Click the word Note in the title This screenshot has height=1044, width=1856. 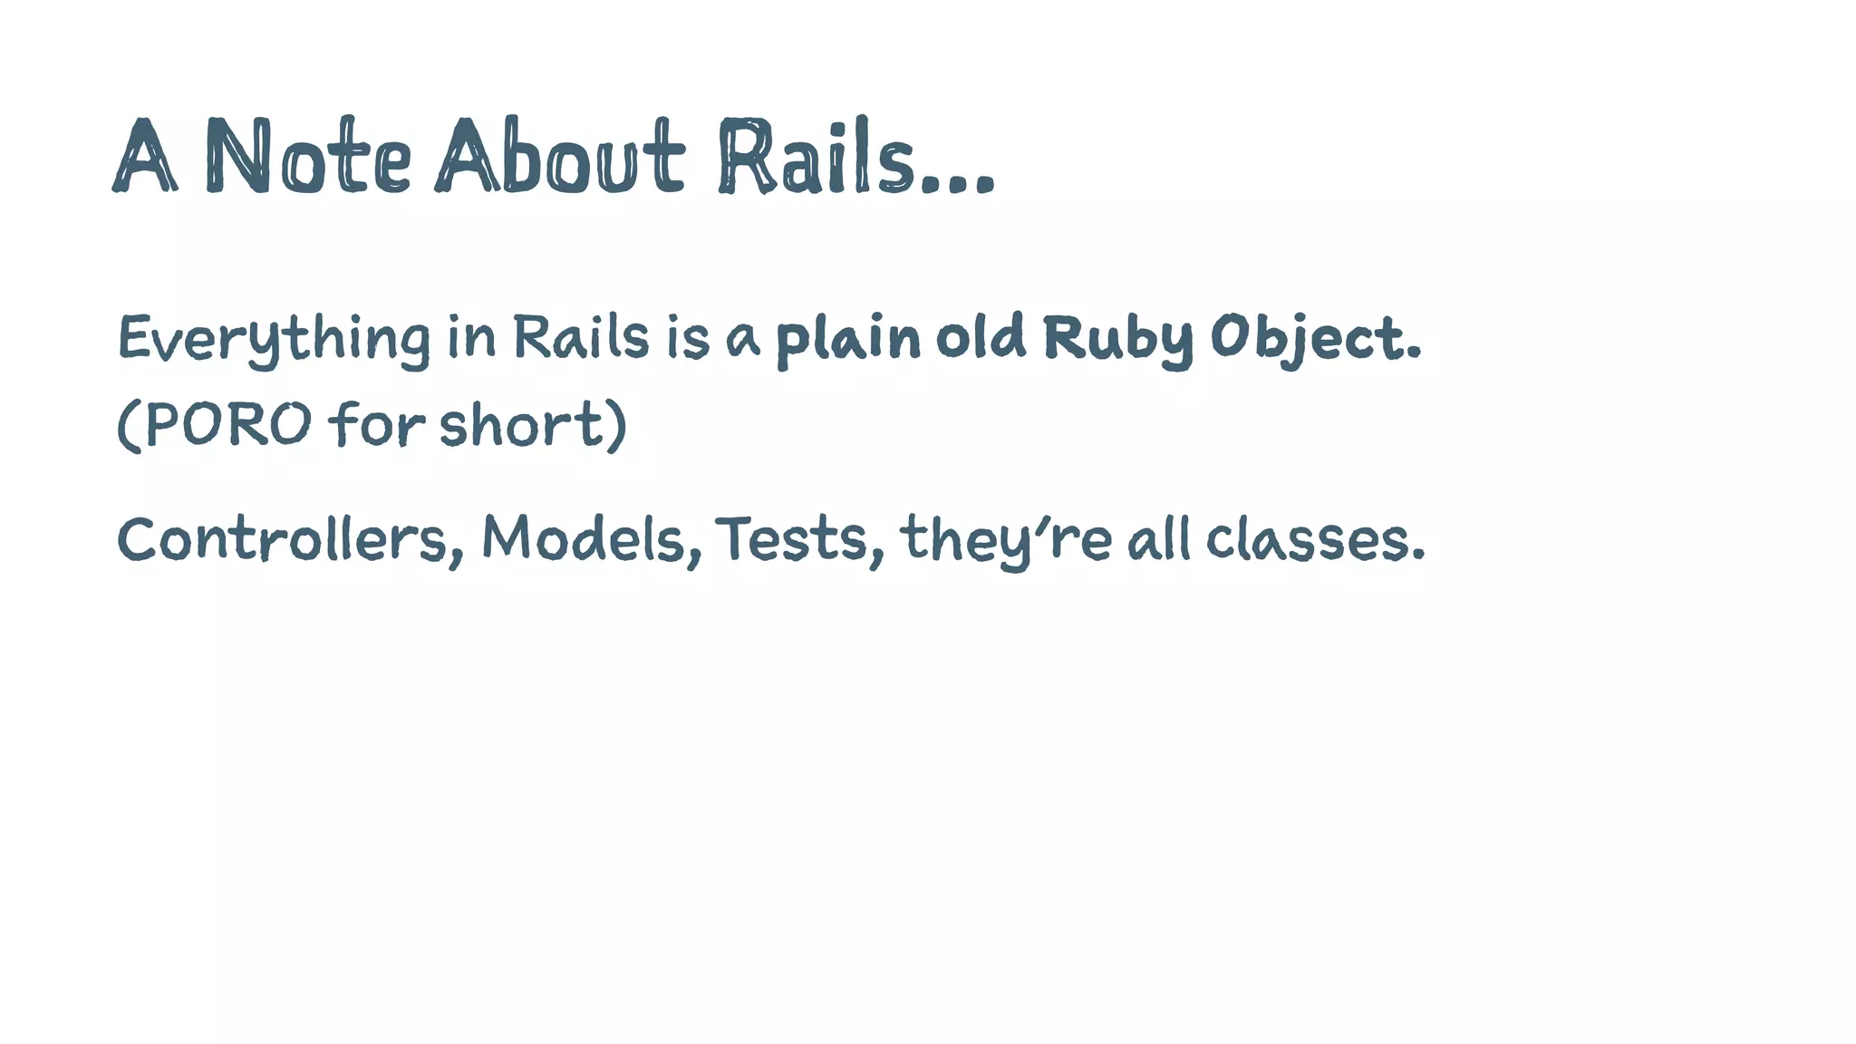(308, 157)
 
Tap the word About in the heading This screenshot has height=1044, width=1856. (559, 157)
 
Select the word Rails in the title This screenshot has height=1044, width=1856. (816, 157)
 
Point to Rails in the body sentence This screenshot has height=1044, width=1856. (581, 337)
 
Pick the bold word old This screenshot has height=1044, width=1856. (980, 337)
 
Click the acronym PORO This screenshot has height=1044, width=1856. (227, 423)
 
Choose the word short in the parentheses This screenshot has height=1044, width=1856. (521, 423)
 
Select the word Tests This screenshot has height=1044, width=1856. (791, 540)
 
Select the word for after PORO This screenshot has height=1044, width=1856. (376, 423)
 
